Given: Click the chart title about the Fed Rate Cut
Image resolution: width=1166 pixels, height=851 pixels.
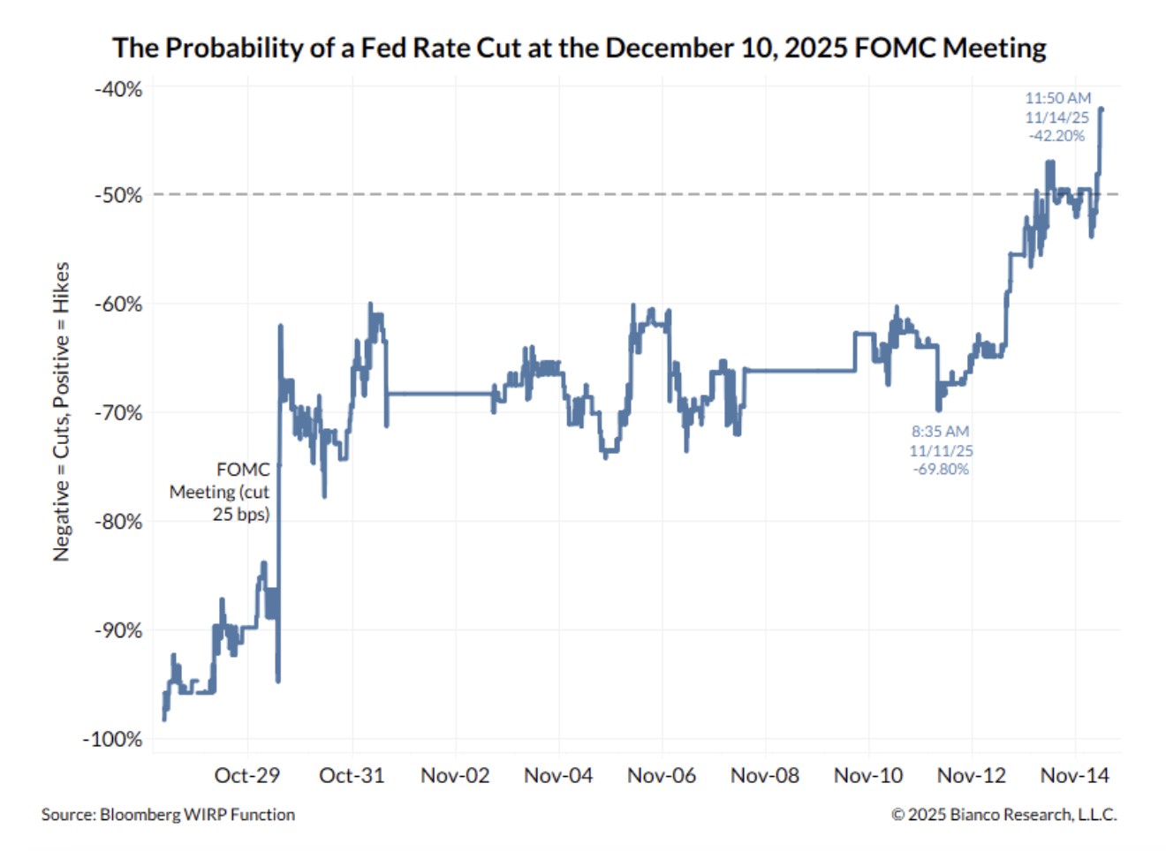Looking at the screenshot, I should point(579,48).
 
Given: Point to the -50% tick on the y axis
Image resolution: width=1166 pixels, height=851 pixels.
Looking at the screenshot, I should point(118,195).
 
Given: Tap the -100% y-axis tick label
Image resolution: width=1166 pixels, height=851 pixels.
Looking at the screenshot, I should point(113,739).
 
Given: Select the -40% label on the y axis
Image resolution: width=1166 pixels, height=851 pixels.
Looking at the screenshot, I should point(118,89).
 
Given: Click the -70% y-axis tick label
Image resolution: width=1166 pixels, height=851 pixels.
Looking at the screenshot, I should point(118,412).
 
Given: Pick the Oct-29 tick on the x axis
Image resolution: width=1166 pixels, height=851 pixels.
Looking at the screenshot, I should point(247,776).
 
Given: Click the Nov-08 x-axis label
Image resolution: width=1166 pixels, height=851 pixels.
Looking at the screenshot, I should point(765,776).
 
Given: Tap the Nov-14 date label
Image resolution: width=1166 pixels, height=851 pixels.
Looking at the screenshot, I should point(1075,776).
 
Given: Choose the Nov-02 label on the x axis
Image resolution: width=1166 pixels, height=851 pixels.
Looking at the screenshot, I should point(455,776).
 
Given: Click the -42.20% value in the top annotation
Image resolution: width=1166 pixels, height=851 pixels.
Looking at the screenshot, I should point(1056,136).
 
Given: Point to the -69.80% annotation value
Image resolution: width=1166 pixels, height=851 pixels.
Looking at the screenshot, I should point(941,470).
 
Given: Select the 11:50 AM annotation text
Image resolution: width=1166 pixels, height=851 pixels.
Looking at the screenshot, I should point(1057,98).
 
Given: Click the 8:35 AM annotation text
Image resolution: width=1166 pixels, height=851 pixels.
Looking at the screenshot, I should point(941,432).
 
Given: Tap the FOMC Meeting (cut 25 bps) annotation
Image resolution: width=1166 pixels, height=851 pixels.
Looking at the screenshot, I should point(220,492).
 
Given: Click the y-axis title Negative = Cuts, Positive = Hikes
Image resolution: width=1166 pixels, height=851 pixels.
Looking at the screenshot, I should point(61,411).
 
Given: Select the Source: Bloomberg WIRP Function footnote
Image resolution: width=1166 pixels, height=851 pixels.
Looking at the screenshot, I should point(168,815).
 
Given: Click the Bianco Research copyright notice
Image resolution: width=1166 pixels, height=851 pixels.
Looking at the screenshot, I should point(1003,815).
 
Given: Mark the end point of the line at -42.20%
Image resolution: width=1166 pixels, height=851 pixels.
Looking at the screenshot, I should point(1102,109).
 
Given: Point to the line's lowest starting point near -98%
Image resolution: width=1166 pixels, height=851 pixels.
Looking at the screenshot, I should point(164,719).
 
